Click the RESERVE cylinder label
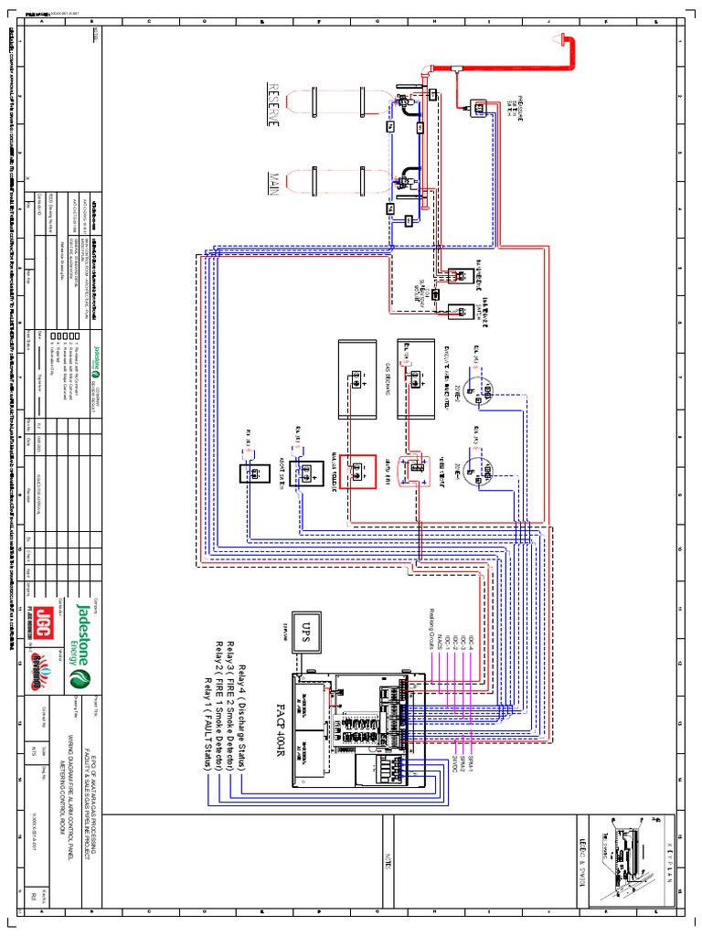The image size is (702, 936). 272,111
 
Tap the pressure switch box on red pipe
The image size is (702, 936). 476,109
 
